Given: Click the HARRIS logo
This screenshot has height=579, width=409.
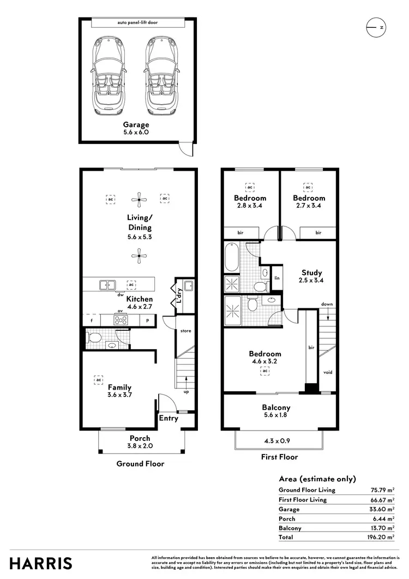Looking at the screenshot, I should [40, 563].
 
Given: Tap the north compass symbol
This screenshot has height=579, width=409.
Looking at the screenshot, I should [376, 27].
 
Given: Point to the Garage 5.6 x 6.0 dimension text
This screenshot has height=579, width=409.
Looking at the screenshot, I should [136, 132].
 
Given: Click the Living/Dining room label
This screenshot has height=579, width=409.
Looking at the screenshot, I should [140, 223].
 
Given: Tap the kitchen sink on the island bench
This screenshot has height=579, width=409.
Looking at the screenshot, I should [107, 284].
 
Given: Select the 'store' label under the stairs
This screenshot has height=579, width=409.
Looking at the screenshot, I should [186, 331].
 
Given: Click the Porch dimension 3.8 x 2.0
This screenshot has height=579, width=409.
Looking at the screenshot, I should [140, 446].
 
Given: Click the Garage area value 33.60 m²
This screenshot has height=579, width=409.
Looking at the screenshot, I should [380, 509].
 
